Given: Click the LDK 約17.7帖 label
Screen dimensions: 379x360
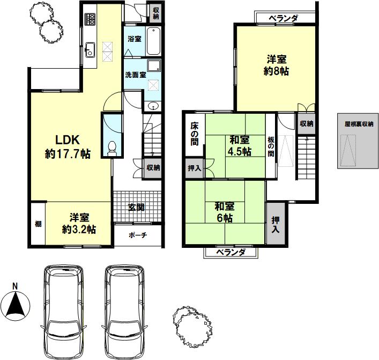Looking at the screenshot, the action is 68,147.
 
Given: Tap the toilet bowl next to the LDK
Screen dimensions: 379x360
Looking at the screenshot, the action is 112,148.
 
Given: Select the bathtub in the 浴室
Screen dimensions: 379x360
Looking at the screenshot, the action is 153,41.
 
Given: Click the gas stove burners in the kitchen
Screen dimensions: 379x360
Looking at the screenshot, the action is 90,19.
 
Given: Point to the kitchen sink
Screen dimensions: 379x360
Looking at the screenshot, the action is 90,50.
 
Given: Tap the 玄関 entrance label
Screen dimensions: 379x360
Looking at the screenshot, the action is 137,207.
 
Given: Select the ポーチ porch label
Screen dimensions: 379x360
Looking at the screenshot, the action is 138,234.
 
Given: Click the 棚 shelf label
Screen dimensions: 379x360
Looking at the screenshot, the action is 38,224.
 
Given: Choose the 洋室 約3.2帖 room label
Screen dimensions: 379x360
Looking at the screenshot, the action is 79,223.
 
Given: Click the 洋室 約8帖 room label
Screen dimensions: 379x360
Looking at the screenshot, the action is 276,65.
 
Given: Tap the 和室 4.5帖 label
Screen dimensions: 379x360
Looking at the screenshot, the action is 240,146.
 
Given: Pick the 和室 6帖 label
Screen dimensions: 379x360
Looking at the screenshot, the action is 225,212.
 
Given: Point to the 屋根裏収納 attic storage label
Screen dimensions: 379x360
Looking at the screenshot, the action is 359,124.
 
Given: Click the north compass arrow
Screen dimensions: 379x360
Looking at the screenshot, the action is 15,304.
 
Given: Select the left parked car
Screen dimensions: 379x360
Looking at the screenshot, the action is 63,312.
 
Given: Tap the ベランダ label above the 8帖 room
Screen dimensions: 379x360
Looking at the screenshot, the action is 283,18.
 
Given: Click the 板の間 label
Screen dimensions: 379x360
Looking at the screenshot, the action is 271,147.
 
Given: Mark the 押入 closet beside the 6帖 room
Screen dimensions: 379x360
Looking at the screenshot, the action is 276,224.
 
